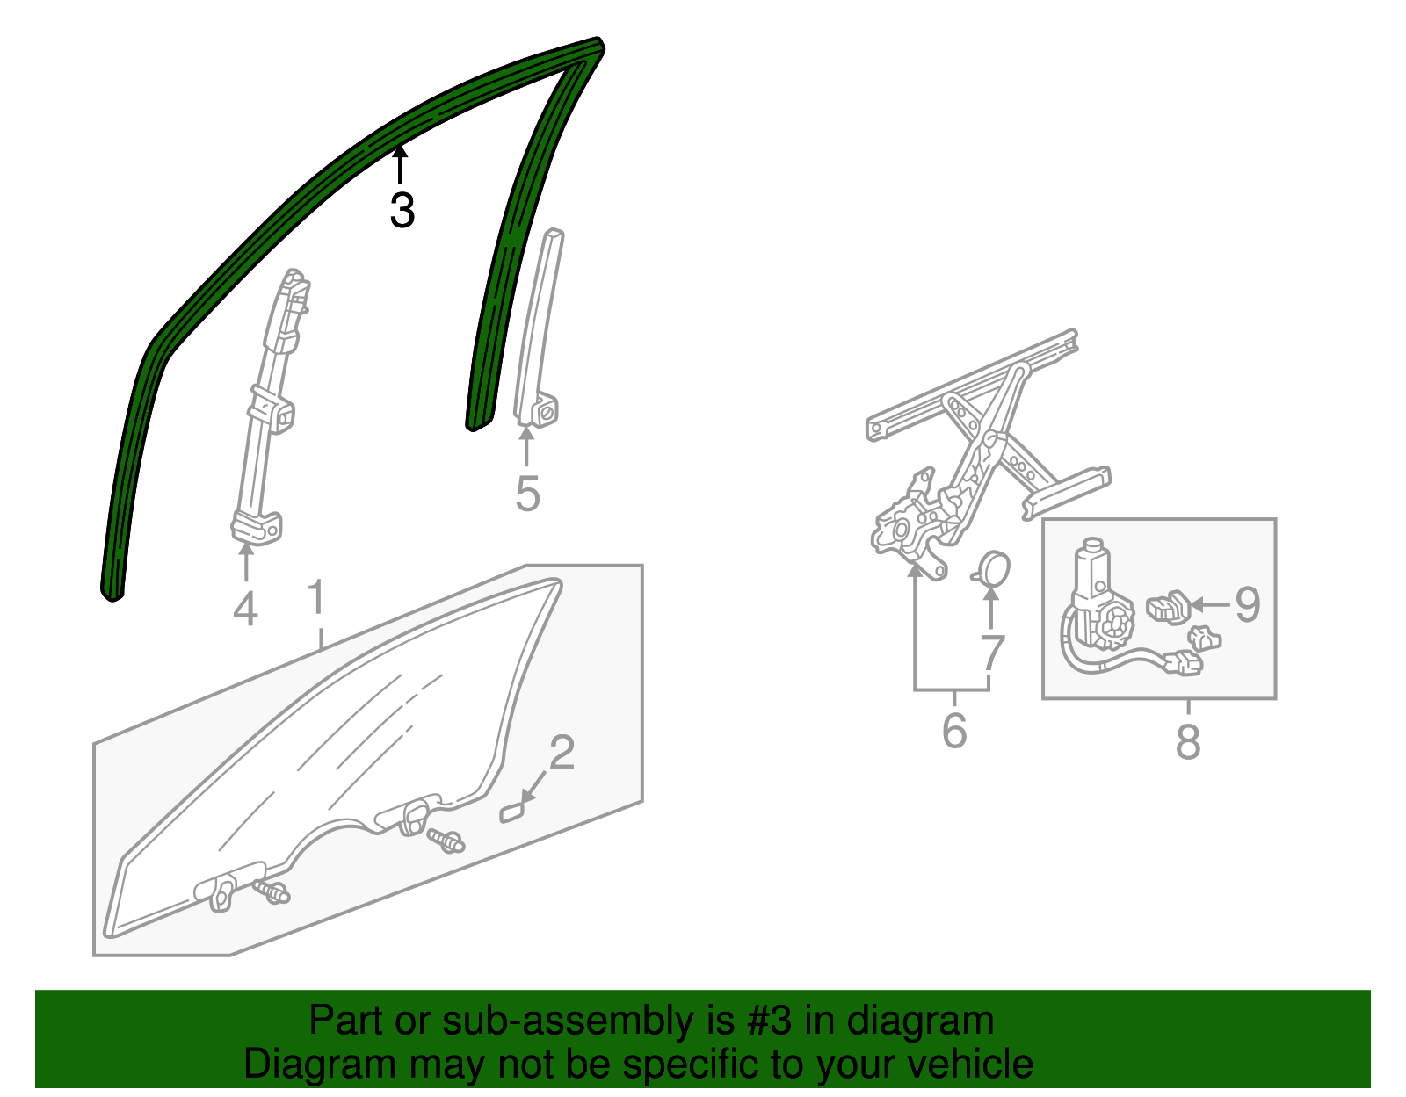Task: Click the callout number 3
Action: (402, 210)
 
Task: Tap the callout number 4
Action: (245, 609)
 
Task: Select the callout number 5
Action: (527, 494)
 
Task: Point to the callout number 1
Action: (316, 596)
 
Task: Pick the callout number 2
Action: (562, 753)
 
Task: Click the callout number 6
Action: (954, 731)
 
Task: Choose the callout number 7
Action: (992, 653)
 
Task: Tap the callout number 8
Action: (1188, 741)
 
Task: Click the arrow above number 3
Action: (401, 165)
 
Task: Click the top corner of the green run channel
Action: (598, 43)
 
